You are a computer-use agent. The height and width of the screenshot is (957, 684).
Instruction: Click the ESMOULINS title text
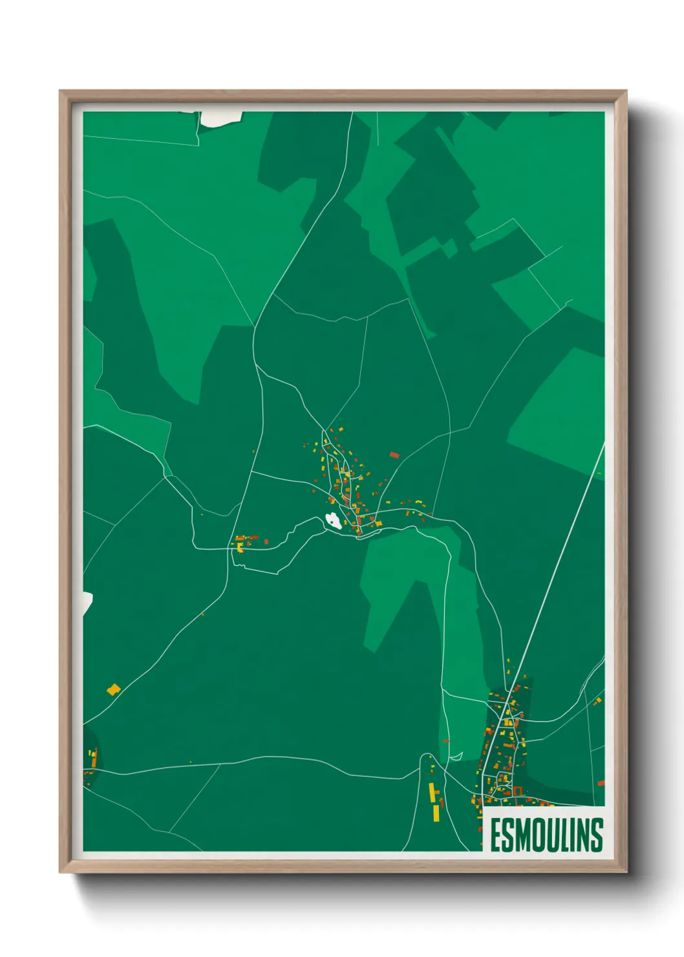[546, 835]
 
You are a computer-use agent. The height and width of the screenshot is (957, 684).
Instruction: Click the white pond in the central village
[333, 521]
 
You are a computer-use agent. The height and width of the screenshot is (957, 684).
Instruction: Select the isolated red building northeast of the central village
[394, 455]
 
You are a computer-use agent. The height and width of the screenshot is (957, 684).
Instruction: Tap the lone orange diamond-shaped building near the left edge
[114, 689]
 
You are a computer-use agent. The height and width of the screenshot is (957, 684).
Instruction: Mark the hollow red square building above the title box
[517, 790]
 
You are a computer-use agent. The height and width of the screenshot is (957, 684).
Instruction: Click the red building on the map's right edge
[601, 783]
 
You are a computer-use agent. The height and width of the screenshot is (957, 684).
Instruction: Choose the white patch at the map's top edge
[221, 118]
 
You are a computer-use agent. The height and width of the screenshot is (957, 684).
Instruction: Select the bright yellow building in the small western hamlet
[240, 548]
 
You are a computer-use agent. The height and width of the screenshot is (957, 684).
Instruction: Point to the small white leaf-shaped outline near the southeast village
[456, 756]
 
